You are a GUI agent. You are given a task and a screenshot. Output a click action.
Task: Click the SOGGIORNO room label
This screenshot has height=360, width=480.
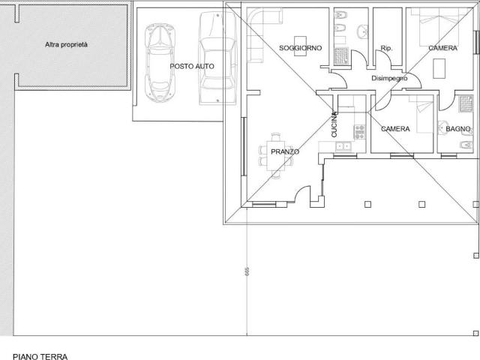click(x=300, y=48)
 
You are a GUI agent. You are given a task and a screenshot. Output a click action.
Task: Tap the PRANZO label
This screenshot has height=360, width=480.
click(x=285, y=152)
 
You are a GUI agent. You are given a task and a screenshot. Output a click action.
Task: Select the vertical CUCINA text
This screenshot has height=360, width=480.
click(x=335, y=124)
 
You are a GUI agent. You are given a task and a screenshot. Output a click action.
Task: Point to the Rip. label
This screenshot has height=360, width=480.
click(x=387, y=48)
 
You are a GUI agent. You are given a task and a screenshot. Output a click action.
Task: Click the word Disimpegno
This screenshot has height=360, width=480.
click(x=389, y=78)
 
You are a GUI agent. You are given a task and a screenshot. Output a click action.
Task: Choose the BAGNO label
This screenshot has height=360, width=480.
click(x=457, y=129)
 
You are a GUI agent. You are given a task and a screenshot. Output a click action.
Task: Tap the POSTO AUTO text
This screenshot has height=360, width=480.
click(x=192, y=66)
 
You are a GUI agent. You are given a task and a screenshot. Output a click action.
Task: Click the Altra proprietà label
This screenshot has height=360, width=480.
click(x=66, y=45)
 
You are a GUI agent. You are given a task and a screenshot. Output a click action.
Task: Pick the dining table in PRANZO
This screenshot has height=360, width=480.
click(x=277, y=154)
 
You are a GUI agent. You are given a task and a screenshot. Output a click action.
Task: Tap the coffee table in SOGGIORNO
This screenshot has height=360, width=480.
click(x=301, y=44)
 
